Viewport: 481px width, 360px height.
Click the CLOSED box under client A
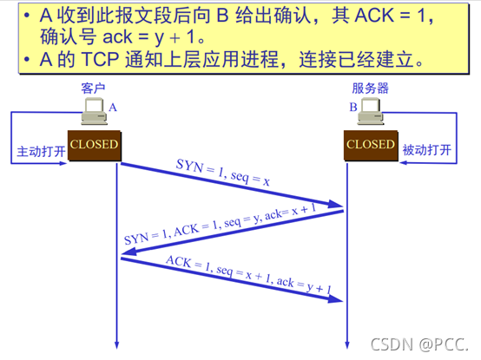[x=95, y=146]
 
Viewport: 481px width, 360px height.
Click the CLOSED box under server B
[x=371, y=146]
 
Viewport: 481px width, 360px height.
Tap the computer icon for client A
[x=94, y=111]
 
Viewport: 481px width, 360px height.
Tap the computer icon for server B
[x=371, y=111]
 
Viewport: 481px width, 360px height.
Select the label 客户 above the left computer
[x=93, y=88]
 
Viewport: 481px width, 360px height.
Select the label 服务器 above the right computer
[x=370, y=88]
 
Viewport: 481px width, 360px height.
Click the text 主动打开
[x=41, y=151]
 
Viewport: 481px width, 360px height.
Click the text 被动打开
[x=427, y=150]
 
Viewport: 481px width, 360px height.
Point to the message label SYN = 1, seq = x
[x=223, y=173]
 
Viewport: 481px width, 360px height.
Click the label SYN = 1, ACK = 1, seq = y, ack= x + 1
[x=220, y=224]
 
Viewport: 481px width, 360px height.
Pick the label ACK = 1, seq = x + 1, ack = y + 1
[x=248, y=274]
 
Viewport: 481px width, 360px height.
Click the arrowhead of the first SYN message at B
[x=336, y=205]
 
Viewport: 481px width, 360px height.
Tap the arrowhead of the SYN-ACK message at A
[x=128, y=252]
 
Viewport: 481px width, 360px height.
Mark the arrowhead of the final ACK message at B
[x=335, y=298]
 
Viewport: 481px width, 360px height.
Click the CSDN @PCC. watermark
[x=419, y=344]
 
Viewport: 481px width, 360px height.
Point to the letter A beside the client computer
[x=113, y=108]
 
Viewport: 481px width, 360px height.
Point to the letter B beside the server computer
[x=353, y=107]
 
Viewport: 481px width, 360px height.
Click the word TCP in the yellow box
[x=101, y=59]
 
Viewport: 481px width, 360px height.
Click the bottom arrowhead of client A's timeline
[x=116, y=345]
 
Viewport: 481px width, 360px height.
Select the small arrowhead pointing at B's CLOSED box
[x=403, y=163]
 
